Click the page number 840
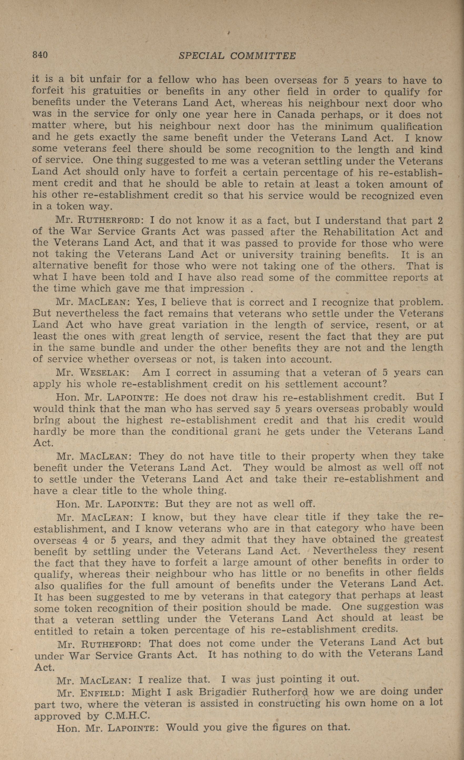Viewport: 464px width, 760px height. click(40, 55)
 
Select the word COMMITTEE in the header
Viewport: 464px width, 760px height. click(263, 56)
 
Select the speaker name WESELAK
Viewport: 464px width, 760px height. click(102, 373)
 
